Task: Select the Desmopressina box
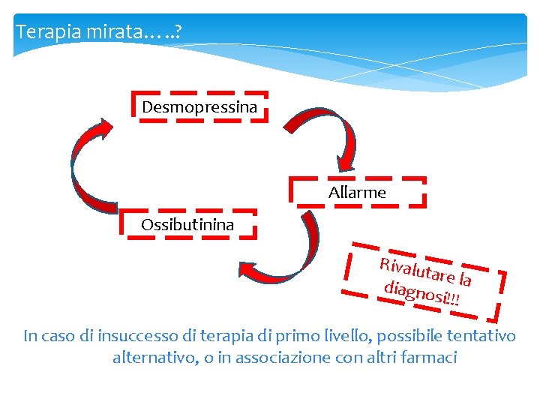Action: click(x=199, y=107)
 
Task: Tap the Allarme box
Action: click(x=357, y=193)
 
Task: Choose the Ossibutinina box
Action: click(x=187, y=224)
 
